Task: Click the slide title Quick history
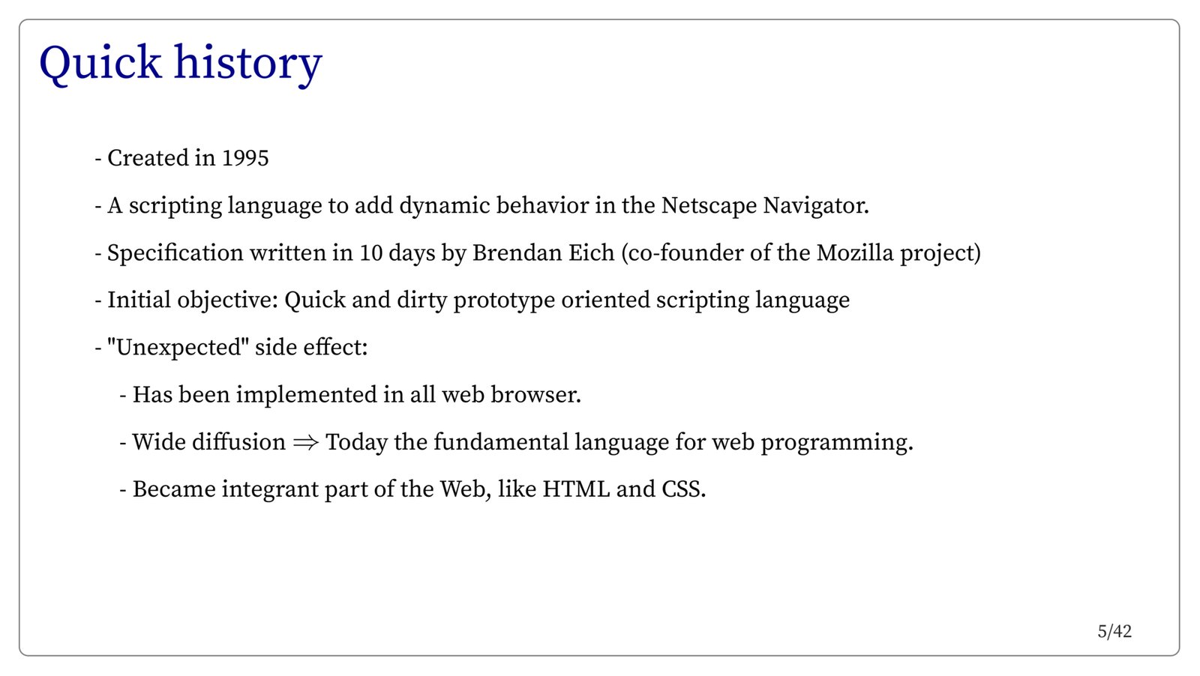pos(181,64)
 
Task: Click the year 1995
pos(244,158)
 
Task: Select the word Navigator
pos(816,206)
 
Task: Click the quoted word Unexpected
pos(178,348)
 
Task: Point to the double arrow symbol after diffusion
pos(306,443)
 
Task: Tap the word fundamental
pos(501,443)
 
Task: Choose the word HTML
pos(576,489)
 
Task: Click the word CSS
pos(683,489)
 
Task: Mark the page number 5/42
pos(1114,632)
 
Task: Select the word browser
pos(535,395)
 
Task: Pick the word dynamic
pos(445,206)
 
